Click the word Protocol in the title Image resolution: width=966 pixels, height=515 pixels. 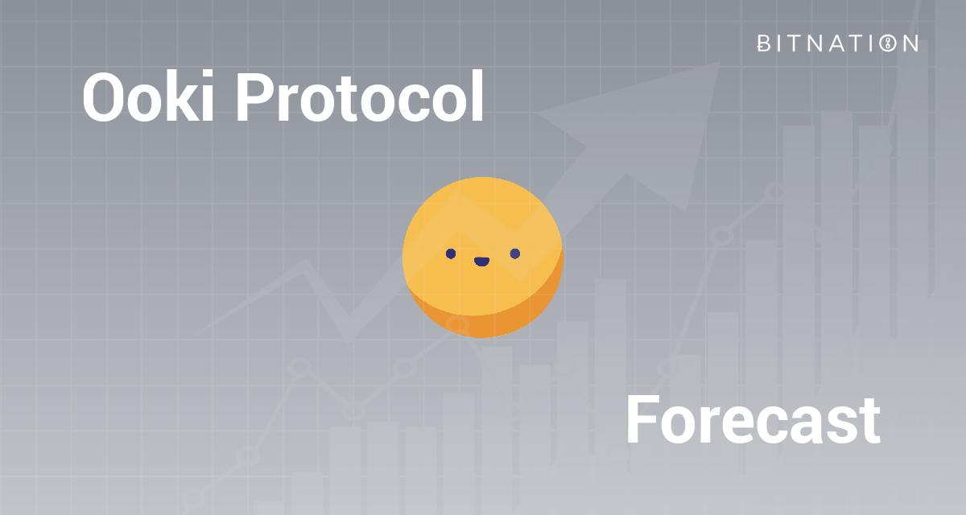point(359,97)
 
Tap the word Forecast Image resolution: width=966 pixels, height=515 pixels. point(752,421)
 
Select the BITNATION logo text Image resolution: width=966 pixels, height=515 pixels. point(837,43)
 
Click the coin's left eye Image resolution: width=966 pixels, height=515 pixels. point(451,254)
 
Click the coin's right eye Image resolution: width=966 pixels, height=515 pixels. point(515,254)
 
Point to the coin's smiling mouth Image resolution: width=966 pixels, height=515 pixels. point(482,262)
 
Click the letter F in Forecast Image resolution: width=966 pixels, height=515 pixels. point(642,421)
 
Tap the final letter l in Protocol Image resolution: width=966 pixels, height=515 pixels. point(477,96)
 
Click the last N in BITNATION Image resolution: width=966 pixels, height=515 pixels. point(909,43)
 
